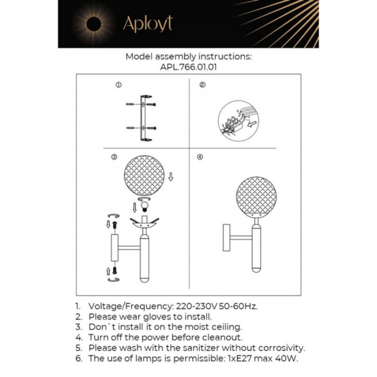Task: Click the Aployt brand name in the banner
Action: [148, 24]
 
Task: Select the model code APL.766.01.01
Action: [188, 68]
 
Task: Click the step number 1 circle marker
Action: [118, 85]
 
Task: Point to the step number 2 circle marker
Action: [202, 85]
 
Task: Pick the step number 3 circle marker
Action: [114, 157]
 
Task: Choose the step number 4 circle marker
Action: [200, 157]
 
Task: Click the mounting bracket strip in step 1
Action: [144, 118]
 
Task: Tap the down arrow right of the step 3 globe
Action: [171, 177]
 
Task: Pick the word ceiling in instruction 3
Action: [226, 327]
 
